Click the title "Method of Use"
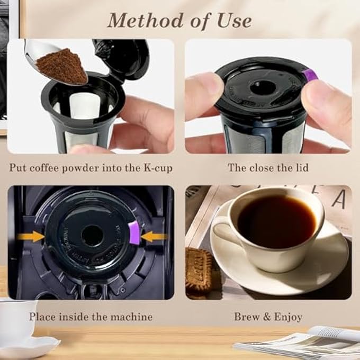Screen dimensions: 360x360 point(179,20)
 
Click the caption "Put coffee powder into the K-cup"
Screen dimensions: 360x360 point(91,167)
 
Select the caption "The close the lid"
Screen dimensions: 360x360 point(268,167)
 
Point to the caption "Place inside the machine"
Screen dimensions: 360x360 point(91,317)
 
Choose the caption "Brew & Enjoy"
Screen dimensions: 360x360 point(268,317)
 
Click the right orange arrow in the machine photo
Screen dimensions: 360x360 point(154,236)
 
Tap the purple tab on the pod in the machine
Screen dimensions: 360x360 point(134,233)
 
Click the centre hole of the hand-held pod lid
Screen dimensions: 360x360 point(262,87)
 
